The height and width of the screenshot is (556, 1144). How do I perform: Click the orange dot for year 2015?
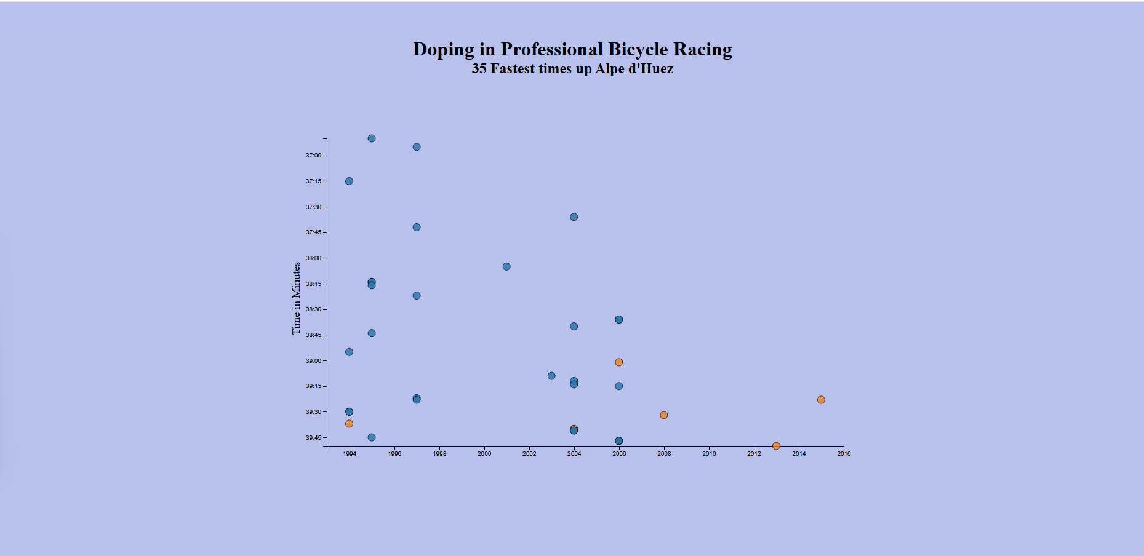pos(821,400)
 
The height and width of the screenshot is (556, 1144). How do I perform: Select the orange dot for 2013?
pos(776,446)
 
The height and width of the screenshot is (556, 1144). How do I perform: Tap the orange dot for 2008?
pos(663,415)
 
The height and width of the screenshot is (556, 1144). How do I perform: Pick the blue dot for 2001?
pos(506,266)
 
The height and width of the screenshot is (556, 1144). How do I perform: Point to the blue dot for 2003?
pos(551,376)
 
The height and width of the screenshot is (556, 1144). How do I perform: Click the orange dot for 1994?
pos(349,424)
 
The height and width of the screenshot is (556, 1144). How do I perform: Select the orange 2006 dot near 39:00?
pos(618,362)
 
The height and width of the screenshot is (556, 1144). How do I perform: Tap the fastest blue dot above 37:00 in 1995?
pos(372,138)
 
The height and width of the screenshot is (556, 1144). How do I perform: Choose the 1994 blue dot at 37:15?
pos(349,181)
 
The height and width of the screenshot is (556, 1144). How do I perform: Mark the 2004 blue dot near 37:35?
pos(574,217)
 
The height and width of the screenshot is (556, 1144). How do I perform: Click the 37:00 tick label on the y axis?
pos(313,156)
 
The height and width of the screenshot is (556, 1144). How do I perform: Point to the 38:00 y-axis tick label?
pos(313,258)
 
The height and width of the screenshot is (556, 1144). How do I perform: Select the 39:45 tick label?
pos(313,438)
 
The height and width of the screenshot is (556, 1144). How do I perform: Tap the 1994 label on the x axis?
pos(350,454)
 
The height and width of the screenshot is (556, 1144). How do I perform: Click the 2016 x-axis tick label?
pos(844,454)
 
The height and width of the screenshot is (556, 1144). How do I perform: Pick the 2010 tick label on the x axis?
pos(709,454)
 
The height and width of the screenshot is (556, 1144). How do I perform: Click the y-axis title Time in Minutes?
pos(296,298)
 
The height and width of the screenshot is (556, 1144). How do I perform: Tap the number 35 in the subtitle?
pos(479,68)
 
